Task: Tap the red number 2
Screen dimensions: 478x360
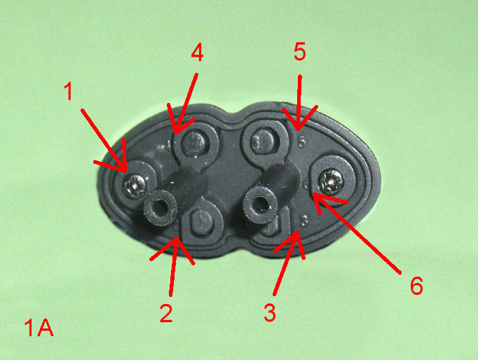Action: click(x=166, y=313)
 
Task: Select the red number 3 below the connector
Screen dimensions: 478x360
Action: click(x=270, y=312)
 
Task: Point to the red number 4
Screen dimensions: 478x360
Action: click(x=197, y=53)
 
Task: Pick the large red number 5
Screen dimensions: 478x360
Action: click(x=300, y=51)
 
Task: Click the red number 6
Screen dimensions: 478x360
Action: click(x=416, y=286)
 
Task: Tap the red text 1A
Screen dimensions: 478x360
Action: click(x=39, y=327)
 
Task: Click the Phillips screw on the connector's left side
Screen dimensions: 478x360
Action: click(x=135, y=185)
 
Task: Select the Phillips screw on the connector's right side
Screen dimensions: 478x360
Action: click(x=330, y=182)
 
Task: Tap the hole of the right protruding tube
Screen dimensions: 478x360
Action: click(x=260, y=204)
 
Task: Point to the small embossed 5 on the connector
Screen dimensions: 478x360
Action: click(x=301, y=141)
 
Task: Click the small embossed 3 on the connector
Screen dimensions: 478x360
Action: click(x=304, y=221)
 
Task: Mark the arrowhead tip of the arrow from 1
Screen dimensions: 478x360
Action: click(x=125, y=172)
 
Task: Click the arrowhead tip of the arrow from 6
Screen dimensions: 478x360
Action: click(x=313, y=194)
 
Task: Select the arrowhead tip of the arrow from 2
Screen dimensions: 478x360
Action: click(x=176, y=238)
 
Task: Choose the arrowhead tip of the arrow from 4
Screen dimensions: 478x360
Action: click(x=175, y=133)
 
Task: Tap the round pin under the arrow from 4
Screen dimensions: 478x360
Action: click(x=195, y=141)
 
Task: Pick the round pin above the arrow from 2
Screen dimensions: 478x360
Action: click(x=202, y=221)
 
